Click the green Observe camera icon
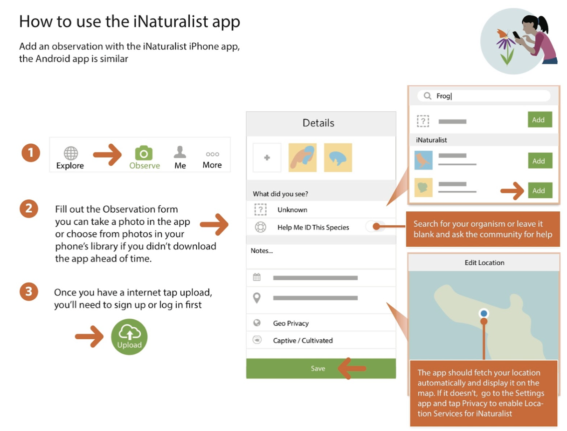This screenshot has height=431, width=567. click(x=144, y=153)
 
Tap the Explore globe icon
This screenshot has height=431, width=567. click(x=70, y=153)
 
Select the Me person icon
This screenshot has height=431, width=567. click(x=180, y=152)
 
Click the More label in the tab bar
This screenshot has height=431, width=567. click(x=212, y=165)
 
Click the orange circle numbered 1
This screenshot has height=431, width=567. click(x=31, y=153)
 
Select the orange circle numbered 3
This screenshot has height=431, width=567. click(x=29, y=292)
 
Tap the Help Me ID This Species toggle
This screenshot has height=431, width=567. click(x=375, y=227)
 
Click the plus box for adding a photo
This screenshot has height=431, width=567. click(x=267, y=158)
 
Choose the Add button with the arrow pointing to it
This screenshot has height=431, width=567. click(x=540, y=190)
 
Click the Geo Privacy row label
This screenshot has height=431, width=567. click(x=291, y=323)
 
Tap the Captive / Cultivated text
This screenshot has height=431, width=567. click(x=303, y=340)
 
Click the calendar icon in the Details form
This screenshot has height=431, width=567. click(x=257, y=277)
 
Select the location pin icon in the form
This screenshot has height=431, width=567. click(x=257, y=297)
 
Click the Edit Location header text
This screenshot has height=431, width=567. click(x=484, y=263)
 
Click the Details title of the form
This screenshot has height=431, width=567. click(x=318, y=123)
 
